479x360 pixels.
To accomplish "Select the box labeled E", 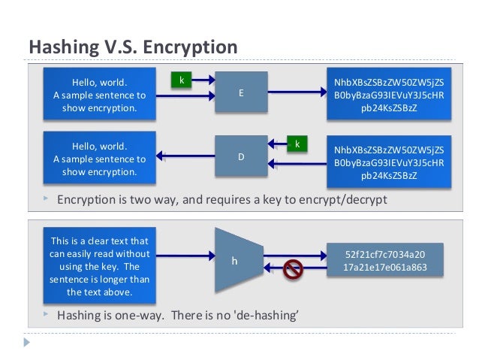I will click(x=241, y=92).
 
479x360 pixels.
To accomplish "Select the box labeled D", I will click(x=241, y=157).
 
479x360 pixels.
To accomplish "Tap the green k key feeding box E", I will click(x=181, y=79).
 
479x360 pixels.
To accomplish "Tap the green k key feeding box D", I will click(x=297, y=143).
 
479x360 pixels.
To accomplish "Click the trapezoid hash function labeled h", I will click(x=235, y=260).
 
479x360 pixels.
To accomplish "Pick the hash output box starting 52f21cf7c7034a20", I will click(x=385, y=260).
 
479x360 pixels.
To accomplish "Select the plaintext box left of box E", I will click(x=99, y=94).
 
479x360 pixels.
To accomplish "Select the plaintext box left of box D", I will click(x=99, y=159).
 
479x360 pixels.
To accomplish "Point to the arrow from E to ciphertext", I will click(x=297, y=93).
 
